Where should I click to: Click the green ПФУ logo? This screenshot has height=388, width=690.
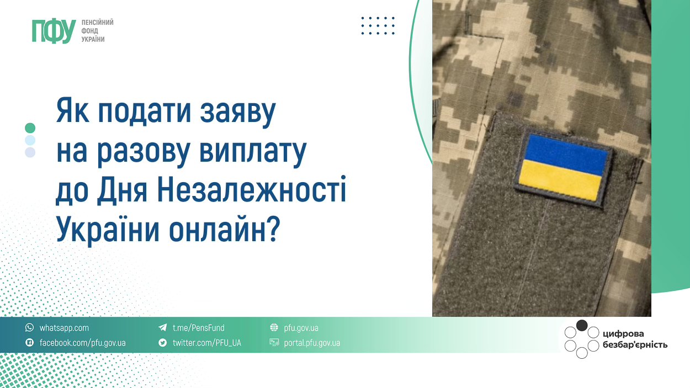(x=54, y=31)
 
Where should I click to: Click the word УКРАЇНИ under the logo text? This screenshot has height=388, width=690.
(x=93, y=39)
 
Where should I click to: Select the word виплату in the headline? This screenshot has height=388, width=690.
(x=253, y=152)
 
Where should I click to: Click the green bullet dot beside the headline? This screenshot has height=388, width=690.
(x=30, y=128)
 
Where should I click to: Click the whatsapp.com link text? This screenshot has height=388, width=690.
(x=64, y=328)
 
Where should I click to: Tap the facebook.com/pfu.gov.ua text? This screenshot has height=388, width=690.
(x=83, y=343)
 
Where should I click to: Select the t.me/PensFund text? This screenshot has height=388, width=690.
(x=198, y=328)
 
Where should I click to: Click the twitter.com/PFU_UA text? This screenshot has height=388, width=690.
(x=206, y=343)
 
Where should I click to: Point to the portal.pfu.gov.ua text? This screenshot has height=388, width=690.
(x=312, y=343)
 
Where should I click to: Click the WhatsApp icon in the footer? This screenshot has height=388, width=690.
(x=30, y=327)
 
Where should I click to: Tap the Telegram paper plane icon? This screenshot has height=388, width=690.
(x=163, y=327)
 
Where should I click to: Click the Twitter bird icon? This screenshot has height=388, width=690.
(x=163, y=342)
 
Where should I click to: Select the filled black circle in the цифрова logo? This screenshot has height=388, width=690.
(x=582, y=326)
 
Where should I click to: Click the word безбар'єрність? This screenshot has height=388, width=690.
(x=635, y=345)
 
